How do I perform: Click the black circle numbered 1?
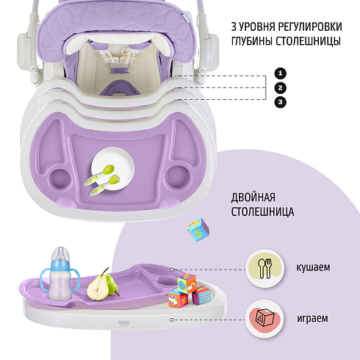click(x=281, y=73)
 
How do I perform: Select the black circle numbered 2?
click(x=281, y=87)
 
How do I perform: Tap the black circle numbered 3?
click(x=281, y=102)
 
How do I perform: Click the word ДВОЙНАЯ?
click(x=253, y=198)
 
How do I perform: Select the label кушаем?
click(x=313, y=267)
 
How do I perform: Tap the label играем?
click(x=312, y=318)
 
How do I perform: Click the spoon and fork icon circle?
click(x=265, y=268)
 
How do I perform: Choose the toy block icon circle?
click(x=264, y=319)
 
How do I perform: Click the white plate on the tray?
click(x=113, y=169)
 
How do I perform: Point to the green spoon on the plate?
click(x=99, y=176)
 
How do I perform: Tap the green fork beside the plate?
click(x=104, y=185)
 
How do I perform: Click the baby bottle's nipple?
click(x=60, y=253)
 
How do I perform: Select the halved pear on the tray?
click(x=98, y=287)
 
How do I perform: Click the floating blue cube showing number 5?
click(x=198, y=229)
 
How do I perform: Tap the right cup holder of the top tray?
click(x=178, y=176)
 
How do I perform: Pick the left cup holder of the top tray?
click(x=60, y=179)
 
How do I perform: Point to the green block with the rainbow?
click(x=187, y=284)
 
